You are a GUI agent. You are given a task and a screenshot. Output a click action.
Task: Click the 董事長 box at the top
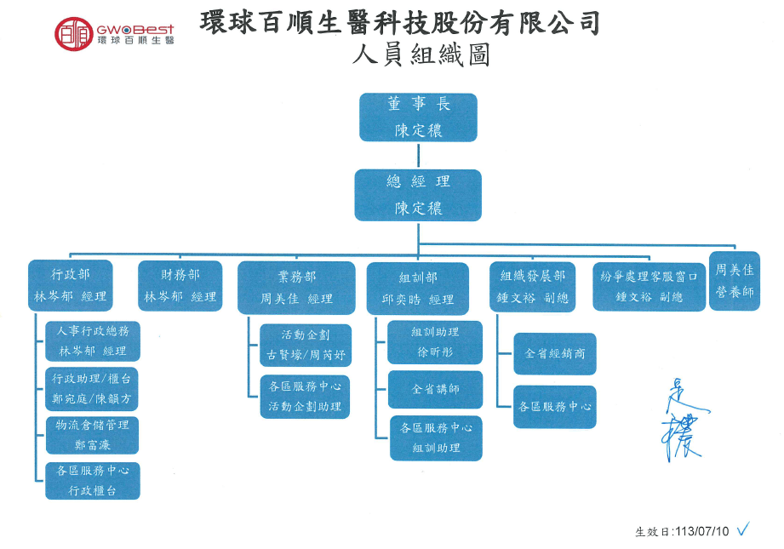tap(418, 117)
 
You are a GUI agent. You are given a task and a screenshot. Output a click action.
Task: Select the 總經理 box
tap(418, 195)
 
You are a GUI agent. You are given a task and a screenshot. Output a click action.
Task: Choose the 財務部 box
tap(180, 286)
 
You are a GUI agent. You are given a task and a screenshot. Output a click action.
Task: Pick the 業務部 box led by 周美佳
tap(296, 288)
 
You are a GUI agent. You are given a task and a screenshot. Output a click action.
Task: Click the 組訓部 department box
tap(417, 289)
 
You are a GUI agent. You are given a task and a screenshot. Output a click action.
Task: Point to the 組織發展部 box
tap(534, 287)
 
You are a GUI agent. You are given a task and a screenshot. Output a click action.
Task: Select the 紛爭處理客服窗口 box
tap(649, 287)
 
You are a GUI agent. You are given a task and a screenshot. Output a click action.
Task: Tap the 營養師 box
tap(734, 281)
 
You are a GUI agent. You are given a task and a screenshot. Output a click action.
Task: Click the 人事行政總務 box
tap(92, 340)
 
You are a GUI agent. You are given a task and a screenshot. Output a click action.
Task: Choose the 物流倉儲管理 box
tap(92, 434)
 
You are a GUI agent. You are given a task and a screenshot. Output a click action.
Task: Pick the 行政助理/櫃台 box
tap(92, 387)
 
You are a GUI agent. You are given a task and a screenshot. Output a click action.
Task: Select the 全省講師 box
tap(435, 389)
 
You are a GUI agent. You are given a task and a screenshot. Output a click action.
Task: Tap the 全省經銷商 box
tap(555, 353)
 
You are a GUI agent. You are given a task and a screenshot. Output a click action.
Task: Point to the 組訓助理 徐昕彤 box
tap(435, 341)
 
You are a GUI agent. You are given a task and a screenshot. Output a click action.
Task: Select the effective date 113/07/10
tap(701, 531)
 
